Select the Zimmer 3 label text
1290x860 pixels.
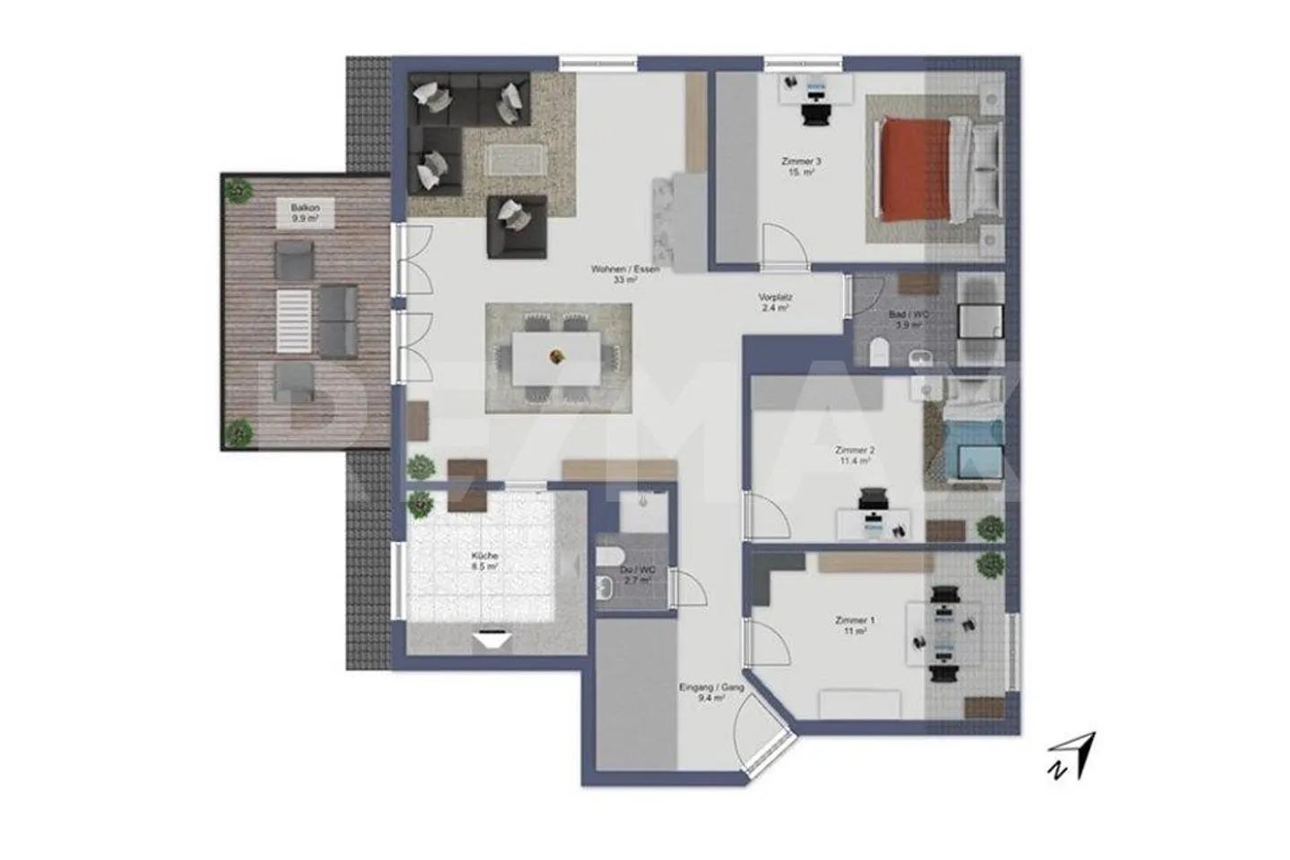(x=801, y=167)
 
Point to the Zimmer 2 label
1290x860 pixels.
(x=854, y=455)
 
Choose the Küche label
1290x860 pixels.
(x=485, y=561)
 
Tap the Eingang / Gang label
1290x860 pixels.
(x=712, y=692)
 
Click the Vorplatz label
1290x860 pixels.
(x=775, y=303)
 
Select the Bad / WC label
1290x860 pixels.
(x=908, y=321)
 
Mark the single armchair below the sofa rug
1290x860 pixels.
(x=516, y=226)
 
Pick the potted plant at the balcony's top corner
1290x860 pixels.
(x=238, y=191)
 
